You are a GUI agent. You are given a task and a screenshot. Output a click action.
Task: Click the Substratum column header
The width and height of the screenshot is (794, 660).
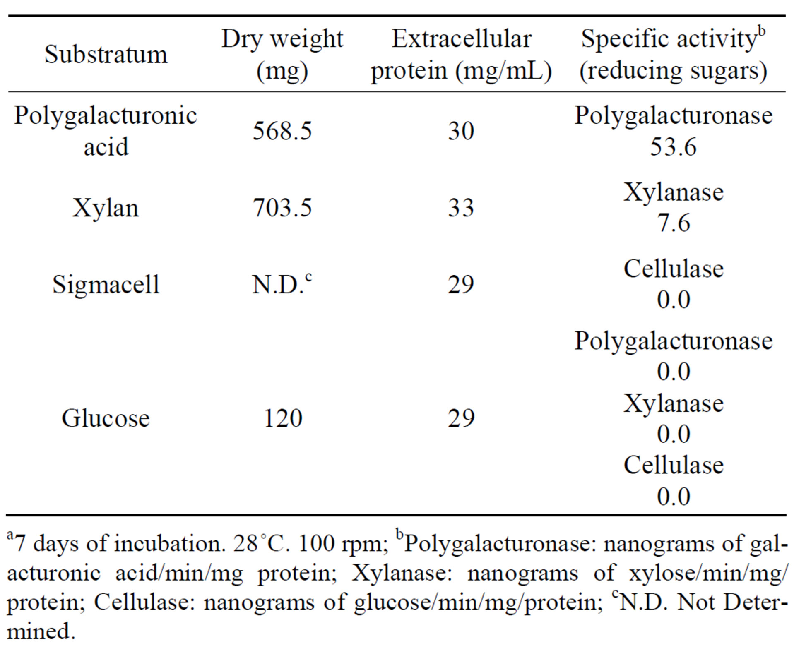pos(106,54)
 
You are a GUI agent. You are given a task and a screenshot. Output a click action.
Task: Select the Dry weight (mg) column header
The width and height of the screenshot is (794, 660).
pos(282,54)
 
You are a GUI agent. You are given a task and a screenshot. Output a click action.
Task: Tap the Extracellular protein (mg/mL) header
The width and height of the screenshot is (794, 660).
pos(461,54)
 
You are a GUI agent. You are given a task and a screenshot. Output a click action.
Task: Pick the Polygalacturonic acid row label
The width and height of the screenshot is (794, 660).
pos(106,130)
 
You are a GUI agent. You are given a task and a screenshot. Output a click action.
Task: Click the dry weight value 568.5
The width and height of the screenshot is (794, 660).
pos(282,131)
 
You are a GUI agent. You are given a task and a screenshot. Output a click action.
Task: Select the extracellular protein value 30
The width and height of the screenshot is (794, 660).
pos(461,131)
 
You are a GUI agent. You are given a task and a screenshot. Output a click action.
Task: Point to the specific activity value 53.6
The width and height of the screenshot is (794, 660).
pos(673,147)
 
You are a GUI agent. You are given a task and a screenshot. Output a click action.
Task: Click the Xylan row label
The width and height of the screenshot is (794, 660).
pos(106,208)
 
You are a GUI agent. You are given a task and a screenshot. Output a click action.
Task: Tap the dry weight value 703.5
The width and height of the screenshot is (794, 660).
pos(282,208)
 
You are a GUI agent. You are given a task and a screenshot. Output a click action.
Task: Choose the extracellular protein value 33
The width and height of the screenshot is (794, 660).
pos(461,208)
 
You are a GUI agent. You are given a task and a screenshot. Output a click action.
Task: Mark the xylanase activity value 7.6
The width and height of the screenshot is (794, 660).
pos(674,223)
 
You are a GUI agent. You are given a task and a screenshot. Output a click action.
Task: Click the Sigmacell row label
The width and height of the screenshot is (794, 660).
pos(106,285)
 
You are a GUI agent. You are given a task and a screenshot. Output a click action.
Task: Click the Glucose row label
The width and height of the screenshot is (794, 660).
pos(106,418)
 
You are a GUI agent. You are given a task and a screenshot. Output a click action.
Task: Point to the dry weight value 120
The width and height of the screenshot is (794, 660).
pos(283,418)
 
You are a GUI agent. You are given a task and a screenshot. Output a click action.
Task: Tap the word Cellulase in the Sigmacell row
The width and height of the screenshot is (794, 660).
pos(674,269)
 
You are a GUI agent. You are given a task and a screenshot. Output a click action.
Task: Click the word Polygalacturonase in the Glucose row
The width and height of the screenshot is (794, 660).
pos(673,341)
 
